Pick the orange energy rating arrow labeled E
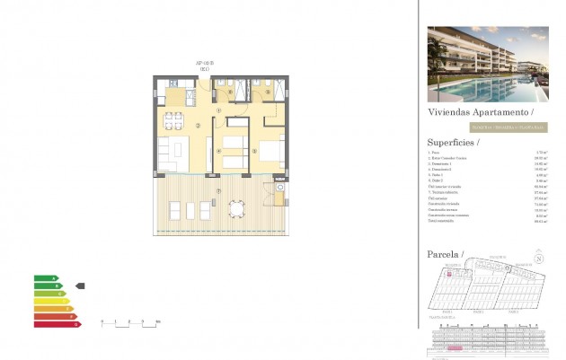[x=51, y=311]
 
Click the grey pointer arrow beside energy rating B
[x=80, y=285]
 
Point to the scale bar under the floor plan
[x=129, y=321]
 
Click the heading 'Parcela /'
[x=446, y=255]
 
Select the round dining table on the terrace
[x=236, y=210]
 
